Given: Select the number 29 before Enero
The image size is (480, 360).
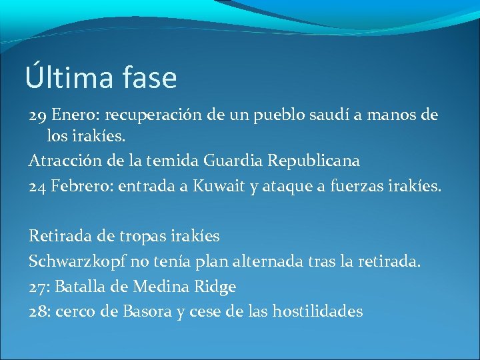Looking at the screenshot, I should (37, 115).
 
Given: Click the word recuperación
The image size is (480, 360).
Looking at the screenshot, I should (159, 115).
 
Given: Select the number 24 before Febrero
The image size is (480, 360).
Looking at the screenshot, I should (37, 185).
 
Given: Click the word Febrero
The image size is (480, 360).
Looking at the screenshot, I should (81, 185).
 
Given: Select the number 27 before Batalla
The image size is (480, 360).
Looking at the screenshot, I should (38, 287).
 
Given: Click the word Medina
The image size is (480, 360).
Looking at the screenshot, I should (162, 287).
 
